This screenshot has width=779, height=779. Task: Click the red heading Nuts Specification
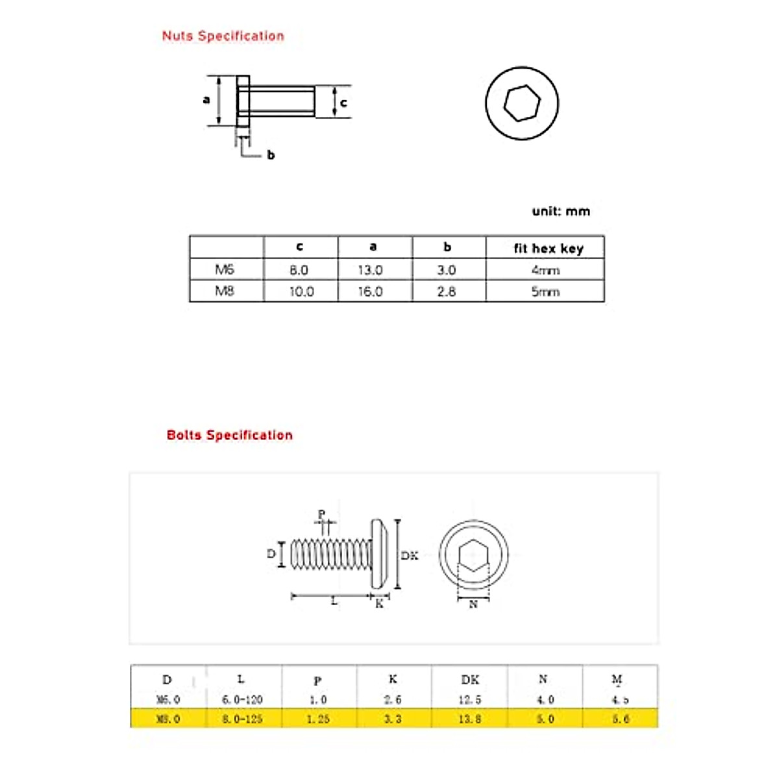223,36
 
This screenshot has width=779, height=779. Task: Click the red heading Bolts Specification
229,436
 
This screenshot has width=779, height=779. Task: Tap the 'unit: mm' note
561,211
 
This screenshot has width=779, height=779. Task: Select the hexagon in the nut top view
522,103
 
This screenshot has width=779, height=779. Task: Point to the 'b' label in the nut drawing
271,155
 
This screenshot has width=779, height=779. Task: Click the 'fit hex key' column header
548,248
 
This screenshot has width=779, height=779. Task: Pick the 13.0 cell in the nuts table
370,270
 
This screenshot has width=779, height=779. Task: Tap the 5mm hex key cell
545,291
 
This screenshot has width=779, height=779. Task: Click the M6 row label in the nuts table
225,269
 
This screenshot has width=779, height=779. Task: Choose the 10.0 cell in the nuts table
301,291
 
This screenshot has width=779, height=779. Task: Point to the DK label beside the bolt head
410,556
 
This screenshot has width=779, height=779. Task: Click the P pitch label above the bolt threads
321,514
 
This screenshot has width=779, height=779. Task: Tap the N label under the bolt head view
473,604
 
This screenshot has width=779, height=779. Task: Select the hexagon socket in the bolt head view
473,556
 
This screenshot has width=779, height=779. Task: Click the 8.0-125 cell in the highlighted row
242,719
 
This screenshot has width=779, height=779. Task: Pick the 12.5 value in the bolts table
469,700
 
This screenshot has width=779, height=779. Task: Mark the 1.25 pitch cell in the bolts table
317,719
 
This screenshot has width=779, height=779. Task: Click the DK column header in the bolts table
470,680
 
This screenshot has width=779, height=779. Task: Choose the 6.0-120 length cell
242,700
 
